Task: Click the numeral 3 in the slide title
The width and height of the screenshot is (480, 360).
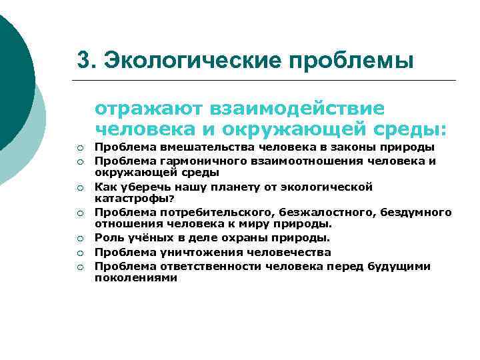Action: click(x=83, y=59)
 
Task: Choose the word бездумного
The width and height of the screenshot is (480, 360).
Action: click(x=416, y=213)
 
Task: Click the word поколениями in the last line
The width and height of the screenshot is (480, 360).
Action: click(x=135, y=277)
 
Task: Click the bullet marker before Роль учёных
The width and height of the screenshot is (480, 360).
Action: click(x=79, y=239)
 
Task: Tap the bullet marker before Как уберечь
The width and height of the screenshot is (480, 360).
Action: click(x=79, y=187)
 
